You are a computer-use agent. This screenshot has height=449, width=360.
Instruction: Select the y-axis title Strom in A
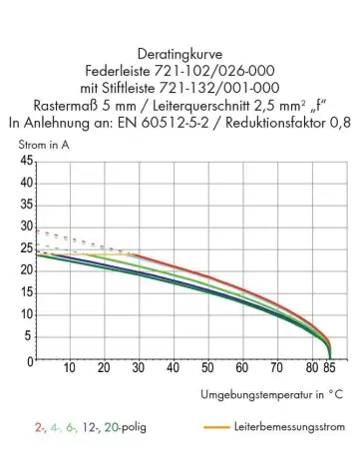[x=43, y=147]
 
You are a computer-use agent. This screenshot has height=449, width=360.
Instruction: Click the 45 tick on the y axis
[x=26, y=162]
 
